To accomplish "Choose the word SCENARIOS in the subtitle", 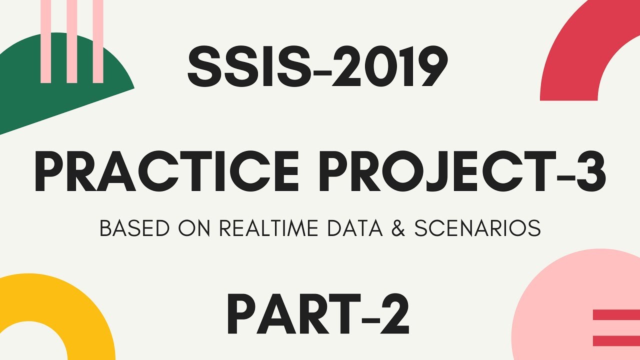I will click(477, 229).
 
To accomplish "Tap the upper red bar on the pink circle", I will click(616, 315).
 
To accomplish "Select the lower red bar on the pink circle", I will click(616, 340).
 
